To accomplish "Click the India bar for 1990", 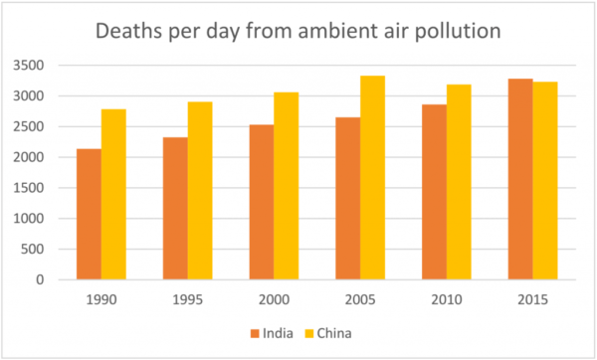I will pos(90,214).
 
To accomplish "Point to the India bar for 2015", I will pos(520,179).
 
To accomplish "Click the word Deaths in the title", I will pos(131,32).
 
